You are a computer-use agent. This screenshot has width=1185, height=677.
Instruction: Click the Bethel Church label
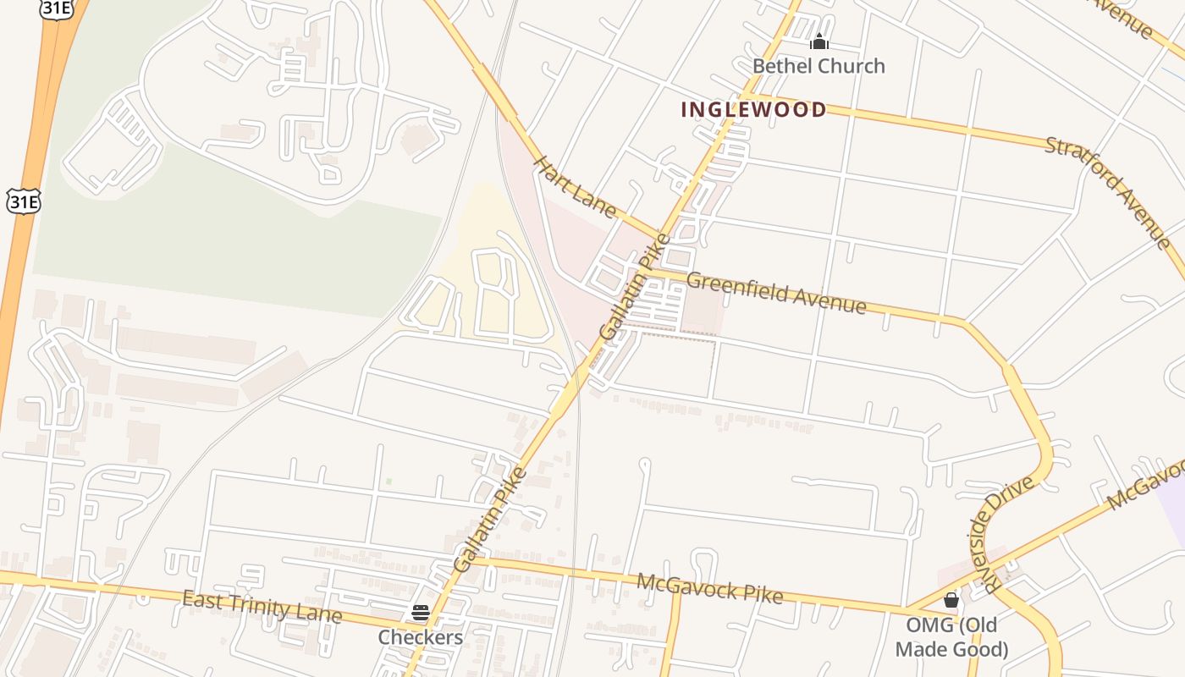(818, 66)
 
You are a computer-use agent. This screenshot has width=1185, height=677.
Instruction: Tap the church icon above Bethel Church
(818, 41)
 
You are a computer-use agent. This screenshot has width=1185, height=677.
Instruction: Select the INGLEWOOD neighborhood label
(753, 109)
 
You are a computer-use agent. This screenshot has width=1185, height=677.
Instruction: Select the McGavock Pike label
(709, 588)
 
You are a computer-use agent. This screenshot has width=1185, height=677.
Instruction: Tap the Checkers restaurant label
(421, 637)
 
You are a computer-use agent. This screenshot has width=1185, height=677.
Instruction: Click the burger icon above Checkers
(421, 613)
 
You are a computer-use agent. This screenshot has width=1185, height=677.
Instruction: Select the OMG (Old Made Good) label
(951, 637)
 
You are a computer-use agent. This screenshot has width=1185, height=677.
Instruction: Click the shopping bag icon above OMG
(951, 600)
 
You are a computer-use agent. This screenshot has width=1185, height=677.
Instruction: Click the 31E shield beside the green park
(23, 201)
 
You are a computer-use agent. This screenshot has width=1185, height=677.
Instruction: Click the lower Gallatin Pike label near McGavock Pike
(489, 519)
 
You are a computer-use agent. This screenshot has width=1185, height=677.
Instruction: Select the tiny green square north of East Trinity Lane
(389, 482)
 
